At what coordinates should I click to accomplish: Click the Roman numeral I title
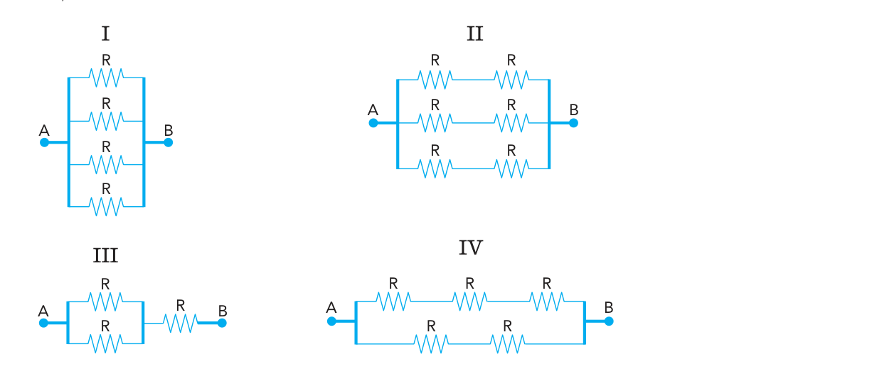pos(105,33)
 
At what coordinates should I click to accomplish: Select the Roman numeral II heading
pos(475,33)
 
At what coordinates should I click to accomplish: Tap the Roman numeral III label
pos(105,256)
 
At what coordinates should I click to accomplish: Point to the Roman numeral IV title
pos(471,247)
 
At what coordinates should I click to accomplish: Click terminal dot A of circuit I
pos(44,142)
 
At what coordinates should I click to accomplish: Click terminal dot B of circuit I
pos(168,142)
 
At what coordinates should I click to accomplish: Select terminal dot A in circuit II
pos(373,123)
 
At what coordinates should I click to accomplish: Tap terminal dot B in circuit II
pos(573,123)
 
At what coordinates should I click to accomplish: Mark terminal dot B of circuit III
pos(222,323)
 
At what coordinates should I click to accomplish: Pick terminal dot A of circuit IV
pos(331,321)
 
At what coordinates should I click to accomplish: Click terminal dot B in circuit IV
pos(609,321)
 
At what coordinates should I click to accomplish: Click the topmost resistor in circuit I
pos(106,78)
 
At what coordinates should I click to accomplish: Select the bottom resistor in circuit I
pos(106,207)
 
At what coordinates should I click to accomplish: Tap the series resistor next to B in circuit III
pos(180,324)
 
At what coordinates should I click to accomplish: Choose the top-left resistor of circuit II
pos(435,80)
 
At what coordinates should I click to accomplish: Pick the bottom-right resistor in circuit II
pos(511,169)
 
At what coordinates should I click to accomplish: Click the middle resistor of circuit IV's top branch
pos(470,301)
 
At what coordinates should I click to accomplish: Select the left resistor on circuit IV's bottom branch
pos(431,344)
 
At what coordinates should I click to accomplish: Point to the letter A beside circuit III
pos(43,311)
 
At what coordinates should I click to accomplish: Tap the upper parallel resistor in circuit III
pos(105,301)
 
